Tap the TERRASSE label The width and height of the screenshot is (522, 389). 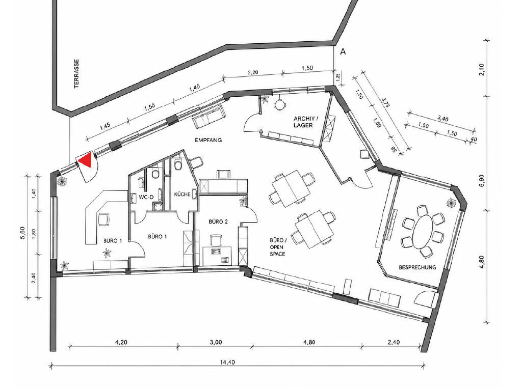(77, 74)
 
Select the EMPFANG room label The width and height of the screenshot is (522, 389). (208, 140)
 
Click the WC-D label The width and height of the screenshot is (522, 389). (146, 197)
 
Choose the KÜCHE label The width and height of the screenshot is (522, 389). (182, 194)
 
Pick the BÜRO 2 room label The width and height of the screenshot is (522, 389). (218, 221)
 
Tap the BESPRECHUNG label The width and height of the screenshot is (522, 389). (417, 267)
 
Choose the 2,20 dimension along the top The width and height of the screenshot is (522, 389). (253, 72)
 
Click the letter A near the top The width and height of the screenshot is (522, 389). (342, 51)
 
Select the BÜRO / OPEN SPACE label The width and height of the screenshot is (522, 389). (278, 247)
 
